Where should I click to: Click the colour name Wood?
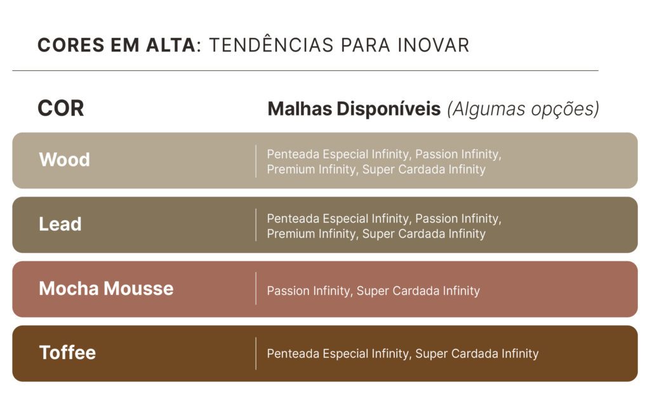coord(64,160)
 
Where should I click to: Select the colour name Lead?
coord(60,224)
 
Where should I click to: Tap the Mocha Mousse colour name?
coord(106,289)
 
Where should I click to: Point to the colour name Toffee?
coord(67,353)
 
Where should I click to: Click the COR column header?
coord(60,108)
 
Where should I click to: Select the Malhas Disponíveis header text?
coord(354,109)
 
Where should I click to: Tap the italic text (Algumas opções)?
coord(523,109)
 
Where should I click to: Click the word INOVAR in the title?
coord(433,45)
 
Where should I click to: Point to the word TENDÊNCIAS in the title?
coord(271,44)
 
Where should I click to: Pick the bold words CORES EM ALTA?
coord(117,45)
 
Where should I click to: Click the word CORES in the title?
coord(71,45)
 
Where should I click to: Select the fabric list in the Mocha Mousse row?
coord(373,291)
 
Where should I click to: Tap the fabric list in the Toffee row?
coord(402,353)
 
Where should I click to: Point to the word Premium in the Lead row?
coord(291,234)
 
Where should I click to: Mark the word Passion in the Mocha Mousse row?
coord(288,291)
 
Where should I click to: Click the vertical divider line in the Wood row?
coord(256,161)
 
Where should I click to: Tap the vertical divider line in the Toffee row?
coord(256,353)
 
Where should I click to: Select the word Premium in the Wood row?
coord(291,169)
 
